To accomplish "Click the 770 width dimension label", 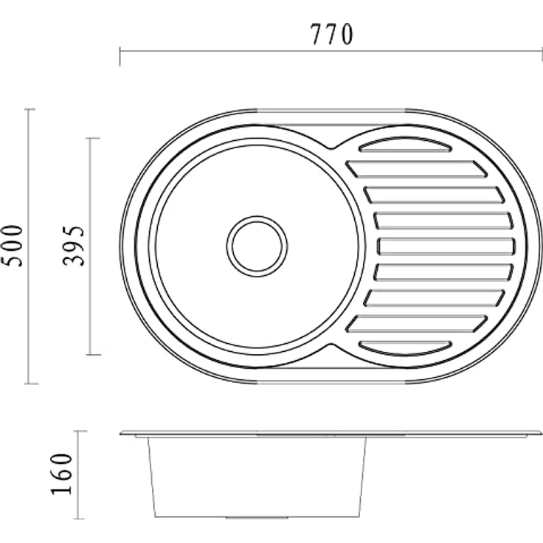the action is click(x=332, y=34).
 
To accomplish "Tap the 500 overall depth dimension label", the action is click(x=13, y=246).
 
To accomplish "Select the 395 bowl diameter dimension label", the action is click(x=74, y=246).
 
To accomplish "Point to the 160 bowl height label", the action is click(x=62, y=474).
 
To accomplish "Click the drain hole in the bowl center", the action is click(x=257, y=246).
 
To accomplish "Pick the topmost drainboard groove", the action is click(x=406, y=145).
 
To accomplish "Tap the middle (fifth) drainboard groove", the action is click(x=446, y=246).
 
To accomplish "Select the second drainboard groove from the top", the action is click(x=417, y=169).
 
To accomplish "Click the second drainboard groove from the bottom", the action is click(x=417, y=323).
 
